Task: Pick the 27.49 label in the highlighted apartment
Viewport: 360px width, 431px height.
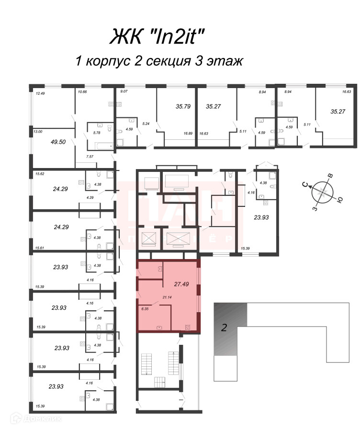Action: tap(180, 284)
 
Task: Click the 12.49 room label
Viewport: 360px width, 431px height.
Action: tap(39, 93)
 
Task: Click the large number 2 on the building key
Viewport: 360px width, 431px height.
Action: tap(224, 329)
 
